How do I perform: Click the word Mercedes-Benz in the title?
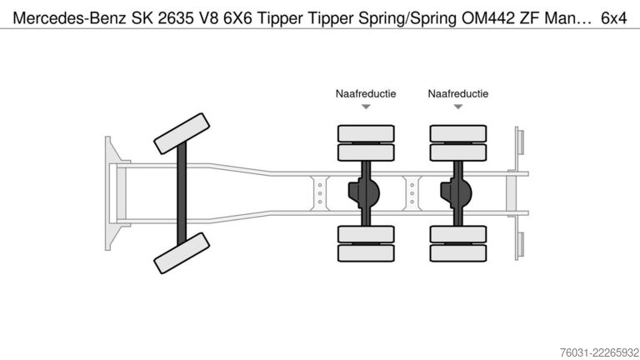tap(69, 18)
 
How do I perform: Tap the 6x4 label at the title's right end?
tap(614, 18)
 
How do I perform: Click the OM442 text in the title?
tap(487, 18)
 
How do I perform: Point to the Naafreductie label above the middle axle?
tap(366, 94)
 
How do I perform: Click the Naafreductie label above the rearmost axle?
tap(458, 94)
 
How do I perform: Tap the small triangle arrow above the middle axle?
tap(366, 107)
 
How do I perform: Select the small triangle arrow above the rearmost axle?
tap(458, 107)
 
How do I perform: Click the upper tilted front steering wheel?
tap(182, 133)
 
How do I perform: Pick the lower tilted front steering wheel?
tap(182, 253)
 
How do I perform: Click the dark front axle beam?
tap(182, 193)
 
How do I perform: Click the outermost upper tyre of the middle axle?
tap(366, 133)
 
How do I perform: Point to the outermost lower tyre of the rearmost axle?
tap(458, 253)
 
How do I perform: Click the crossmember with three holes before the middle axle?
tap(320, 193)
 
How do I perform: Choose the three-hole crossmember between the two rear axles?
tap(412, 193)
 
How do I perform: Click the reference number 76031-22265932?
tap(600, 352)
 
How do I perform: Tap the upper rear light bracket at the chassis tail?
tap(519, 142)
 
